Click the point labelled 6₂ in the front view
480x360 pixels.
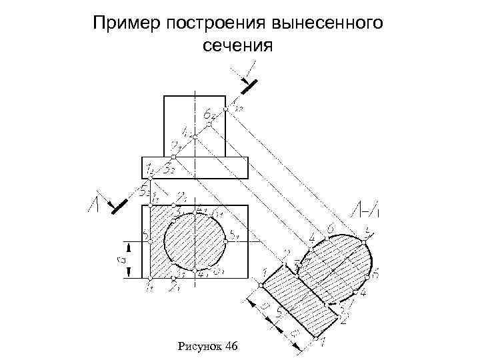coord(209,124)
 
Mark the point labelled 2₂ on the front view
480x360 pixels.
coord(173,156)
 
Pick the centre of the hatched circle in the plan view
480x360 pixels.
coord(195,241)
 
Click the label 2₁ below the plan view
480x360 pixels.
coord(175,287)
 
